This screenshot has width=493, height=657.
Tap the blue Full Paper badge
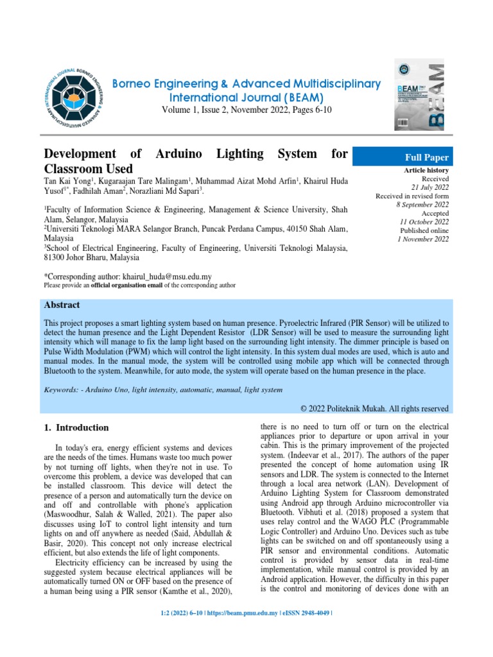[x=425, y=157]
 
